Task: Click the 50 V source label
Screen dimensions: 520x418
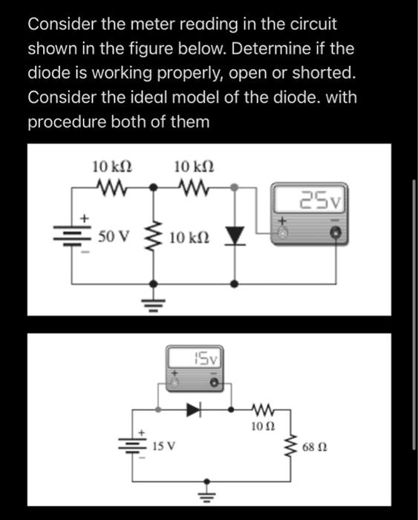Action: [x=114, y=238]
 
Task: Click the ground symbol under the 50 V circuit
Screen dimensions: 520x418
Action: [x=154, y=301]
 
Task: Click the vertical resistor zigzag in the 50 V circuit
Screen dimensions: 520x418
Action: [x=154, y=238]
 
